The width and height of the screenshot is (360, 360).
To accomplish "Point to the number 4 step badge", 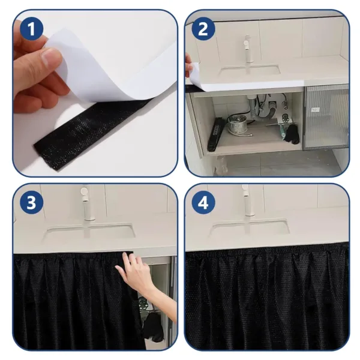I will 203,203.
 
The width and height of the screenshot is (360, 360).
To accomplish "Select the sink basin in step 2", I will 249,72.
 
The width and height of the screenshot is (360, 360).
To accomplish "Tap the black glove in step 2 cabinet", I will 292,134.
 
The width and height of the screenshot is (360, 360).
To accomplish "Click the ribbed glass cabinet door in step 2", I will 326,116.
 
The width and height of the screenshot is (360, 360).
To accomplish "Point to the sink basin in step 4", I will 249,228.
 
